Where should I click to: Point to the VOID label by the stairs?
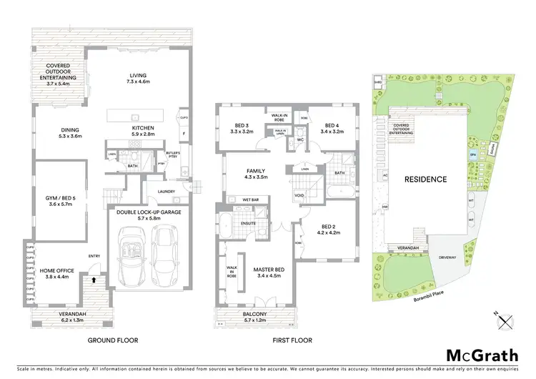pos(300,195)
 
